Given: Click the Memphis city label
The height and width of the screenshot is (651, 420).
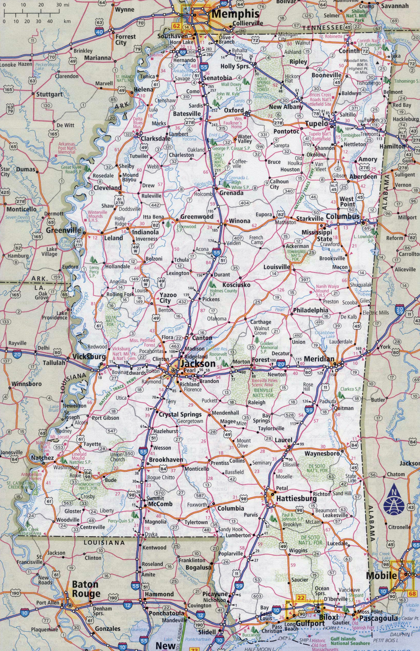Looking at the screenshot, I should (x=235, y=14).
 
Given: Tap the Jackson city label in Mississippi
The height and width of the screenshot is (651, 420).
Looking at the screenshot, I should (x=198, y=364).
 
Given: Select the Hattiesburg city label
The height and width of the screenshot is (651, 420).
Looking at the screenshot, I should (x=296, y=499).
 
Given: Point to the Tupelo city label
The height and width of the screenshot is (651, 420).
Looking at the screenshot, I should (x=316, y=124).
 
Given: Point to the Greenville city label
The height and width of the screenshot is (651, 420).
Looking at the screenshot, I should (x=63, y=230).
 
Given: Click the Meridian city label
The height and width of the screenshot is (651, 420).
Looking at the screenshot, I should (x=319, y=358).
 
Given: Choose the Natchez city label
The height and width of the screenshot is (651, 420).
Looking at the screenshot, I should (x=42, y=458).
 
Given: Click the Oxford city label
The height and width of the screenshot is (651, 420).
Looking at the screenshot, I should (x=234, y=110).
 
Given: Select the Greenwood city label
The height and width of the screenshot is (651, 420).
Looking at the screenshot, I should (x=197, y=217).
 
